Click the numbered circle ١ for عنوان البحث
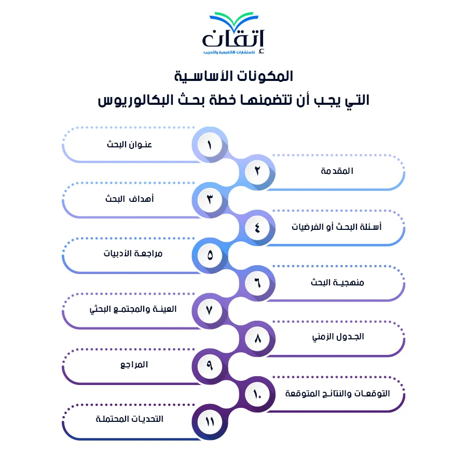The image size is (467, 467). pos(210,145)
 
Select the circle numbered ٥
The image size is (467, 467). pos(210,255)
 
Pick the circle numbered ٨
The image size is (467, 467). pos(257,338)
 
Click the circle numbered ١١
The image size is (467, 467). pos(210,422)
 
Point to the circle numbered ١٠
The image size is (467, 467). pos(257,394)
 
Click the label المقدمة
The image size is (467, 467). pos(337,171)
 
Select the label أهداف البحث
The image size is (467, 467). pos(130,198)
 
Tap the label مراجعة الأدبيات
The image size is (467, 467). pos(133,253)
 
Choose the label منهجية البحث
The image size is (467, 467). pos(337,282)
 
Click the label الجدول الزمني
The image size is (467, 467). pos(338,337)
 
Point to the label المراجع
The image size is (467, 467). pos(134,365)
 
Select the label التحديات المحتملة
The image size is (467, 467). pos(130,419)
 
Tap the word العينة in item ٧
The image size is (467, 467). pos(164,309)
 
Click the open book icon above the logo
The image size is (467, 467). pos(234,20)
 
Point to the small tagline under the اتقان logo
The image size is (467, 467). pos(229,52)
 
